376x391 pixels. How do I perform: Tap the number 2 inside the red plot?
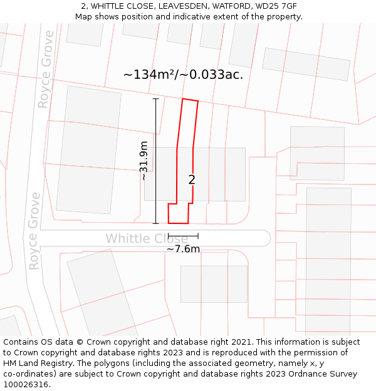pyautogui.click(x=192, y=180)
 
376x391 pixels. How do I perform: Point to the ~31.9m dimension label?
pyautogui.click(x=144, y=161)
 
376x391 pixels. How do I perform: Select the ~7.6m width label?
pyautogui.click(x=183, y=249)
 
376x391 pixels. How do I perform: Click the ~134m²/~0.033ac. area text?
pyautogui.click(x=183, y=74)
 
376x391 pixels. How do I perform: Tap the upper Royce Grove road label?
pyautogui.click(x=46, y=69)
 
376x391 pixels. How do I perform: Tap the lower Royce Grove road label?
pyautogui.click(x=34, y=231)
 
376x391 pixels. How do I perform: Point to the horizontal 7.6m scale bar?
pyautogui.click(x=183, y=236)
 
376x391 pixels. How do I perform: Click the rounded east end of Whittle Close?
pyautogui.click(x=265, y=238)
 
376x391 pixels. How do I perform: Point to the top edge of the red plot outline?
pyautogui.click(x=190, y=100)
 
